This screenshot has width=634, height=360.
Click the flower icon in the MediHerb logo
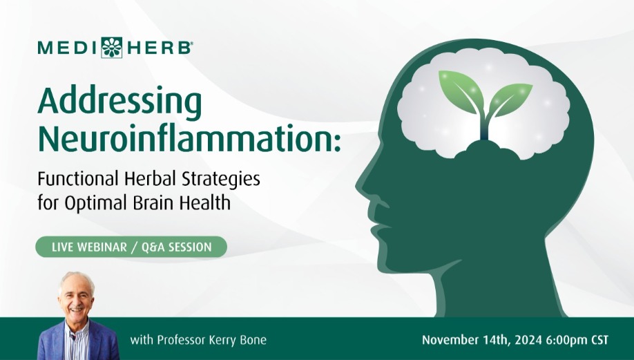112,48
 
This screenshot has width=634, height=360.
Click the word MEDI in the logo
67,48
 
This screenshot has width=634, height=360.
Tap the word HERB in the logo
159,48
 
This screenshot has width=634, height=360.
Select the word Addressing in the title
119,102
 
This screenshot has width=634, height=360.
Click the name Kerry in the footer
222,340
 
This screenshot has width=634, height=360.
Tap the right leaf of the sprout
510,99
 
